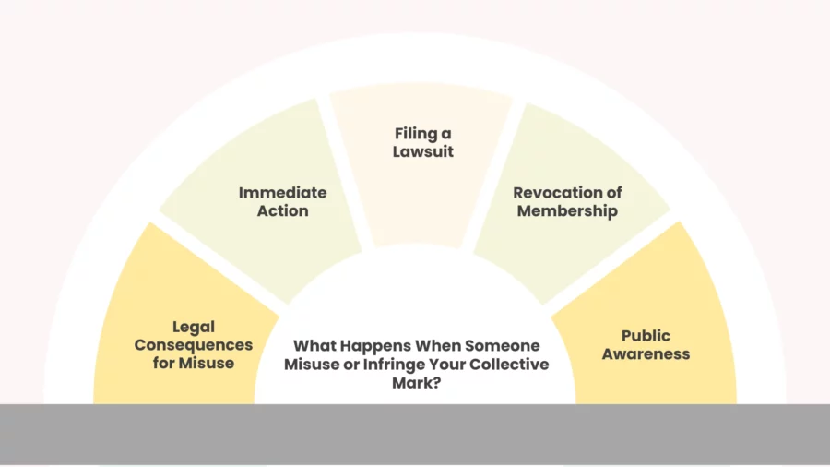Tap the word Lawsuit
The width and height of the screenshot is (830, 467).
[x=423, y=151]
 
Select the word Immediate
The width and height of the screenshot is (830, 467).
[x=283, y=193]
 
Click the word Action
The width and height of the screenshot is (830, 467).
[x=283, y=210]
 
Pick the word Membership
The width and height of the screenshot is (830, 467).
[x=567, y=211]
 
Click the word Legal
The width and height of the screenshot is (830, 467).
[x=194, y=328]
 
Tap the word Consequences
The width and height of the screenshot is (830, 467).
[x=194, y=346]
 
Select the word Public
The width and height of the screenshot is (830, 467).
[x=646, y=336]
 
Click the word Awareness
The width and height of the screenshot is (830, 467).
[x=646, y=353]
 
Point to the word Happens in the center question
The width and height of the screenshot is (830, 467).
[x=374, y=346]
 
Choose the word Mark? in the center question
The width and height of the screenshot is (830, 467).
[x=417, y=383]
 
